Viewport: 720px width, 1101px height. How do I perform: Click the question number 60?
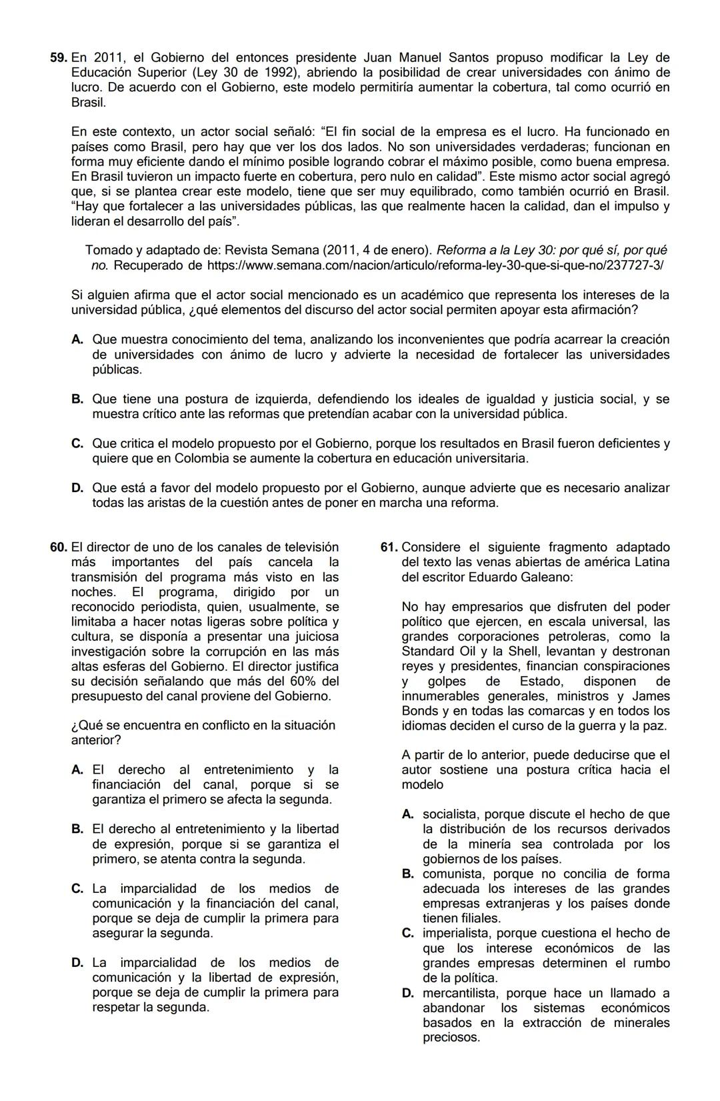pyautogui.click(x=59, y=547)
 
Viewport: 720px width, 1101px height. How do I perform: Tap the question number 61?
pyautogui.click(x=389, y=547)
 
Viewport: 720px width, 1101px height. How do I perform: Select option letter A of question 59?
pyautogui.click(x=77, y=340)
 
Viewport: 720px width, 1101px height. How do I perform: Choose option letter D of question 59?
pyautogui.click(x=77, y=488)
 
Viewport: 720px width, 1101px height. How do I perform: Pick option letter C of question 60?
pyautogui.click(x=77, y=889)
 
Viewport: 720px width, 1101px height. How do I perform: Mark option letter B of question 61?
pyautogui.click(x=408, y=874)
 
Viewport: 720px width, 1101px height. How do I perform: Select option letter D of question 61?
pyautogui.click(x=408, y=993)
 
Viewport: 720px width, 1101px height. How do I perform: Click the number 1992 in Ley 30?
pyautogui.click(x=278, y=73)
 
